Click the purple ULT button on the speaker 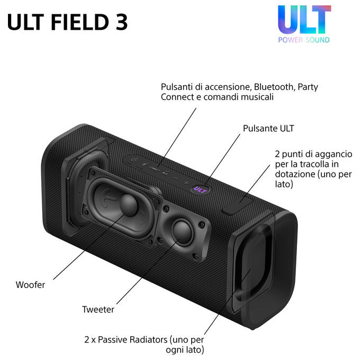click(x=200, y=190)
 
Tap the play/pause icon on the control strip click(x=166, y=173)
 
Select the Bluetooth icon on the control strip click(x=144, y=164)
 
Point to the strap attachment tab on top click(x=237, y=206)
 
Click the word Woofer click(x=30, y=285)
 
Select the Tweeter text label click(x=98, y=309)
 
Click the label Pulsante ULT click(x=268, y=128)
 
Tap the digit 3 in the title click(x=121, y=22)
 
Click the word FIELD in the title click(x=79, y=22)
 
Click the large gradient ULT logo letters click(x=304, y=20)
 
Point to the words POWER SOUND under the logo click(x=304, y=40)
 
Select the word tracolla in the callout click(x=314, y=164)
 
